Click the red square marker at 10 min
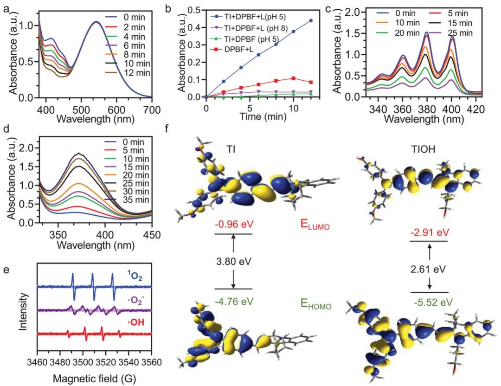point(293,78)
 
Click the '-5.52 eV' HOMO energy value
point(430,303)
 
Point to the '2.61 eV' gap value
point(430,269)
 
